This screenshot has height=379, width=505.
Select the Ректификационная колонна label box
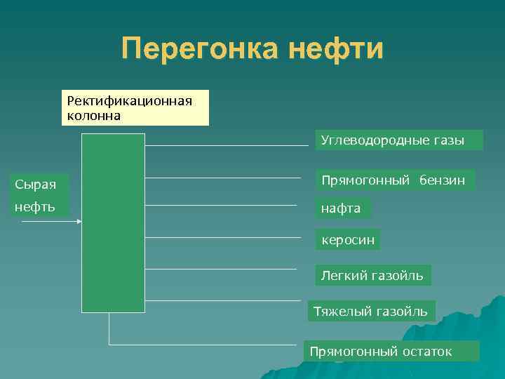pos(135,107)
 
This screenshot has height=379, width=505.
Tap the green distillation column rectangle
pos(113,222)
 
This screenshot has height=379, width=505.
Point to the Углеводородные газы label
pos(398,140)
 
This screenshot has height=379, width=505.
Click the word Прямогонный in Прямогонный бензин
pos(365,180)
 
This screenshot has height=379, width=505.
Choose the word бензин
pos(442,180)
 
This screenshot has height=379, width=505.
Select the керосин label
pos(347,240)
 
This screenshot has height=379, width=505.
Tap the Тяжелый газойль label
pos(371,311)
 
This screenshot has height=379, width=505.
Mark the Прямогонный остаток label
pos(391,351)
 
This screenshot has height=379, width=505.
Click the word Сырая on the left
pos(36,185)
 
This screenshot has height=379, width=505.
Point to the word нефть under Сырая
pos(36,208)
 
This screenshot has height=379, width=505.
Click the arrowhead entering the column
pos(79,222)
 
